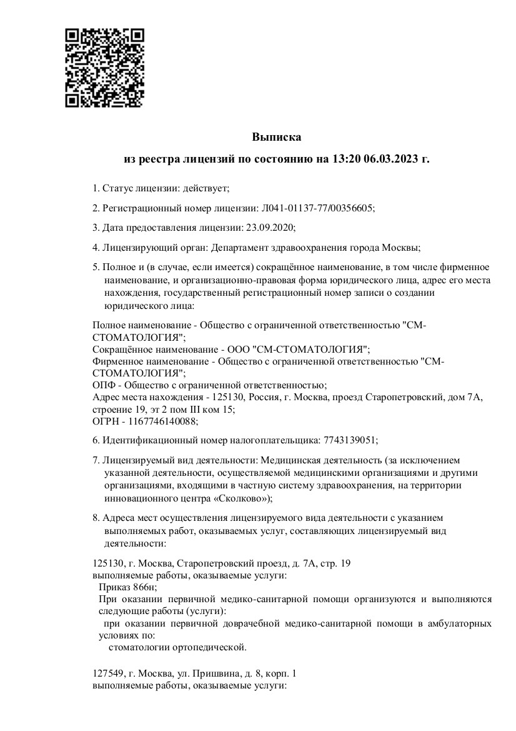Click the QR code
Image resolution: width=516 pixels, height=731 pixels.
[105, 67]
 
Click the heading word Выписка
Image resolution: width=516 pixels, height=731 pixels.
[277, 137]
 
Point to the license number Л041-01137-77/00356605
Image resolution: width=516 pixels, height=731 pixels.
[316, 208]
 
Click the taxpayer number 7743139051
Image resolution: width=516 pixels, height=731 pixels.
[350, 440]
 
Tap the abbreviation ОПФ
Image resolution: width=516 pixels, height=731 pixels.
[103, 385]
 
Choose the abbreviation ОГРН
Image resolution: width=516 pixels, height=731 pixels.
[105, 421]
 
